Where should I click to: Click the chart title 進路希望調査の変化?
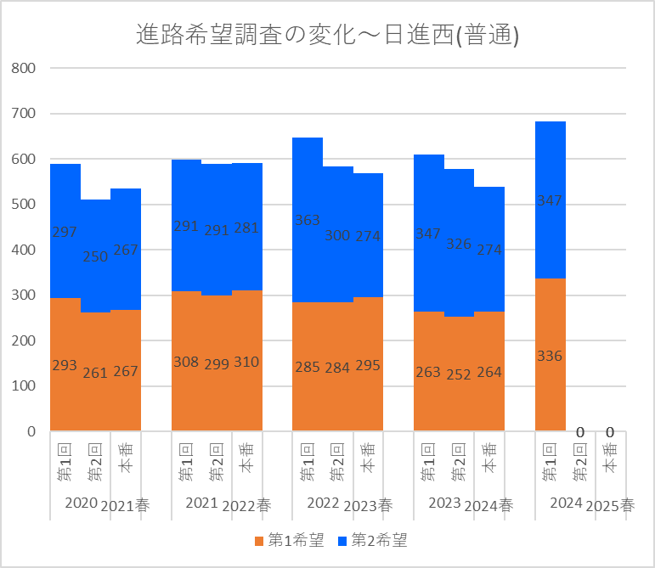coord(327,35)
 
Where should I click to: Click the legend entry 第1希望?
coord(288,540)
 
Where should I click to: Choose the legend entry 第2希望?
coord(372,540)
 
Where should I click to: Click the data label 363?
coord(308,220)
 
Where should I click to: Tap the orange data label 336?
coord(550,356)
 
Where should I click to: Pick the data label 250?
coord(95,256)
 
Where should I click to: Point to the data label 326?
coord(459,245)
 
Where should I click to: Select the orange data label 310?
coord(246,363)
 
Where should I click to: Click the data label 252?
coord(459,374)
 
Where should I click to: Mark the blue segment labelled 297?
coord(65,231)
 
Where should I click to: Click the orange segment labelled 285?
coord(308,367)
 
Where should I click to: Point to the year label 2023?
coord(444,503)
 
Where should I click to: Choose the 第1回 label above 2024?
coord(550,463)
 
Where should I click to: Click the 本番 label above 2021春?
coord(126,463)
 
